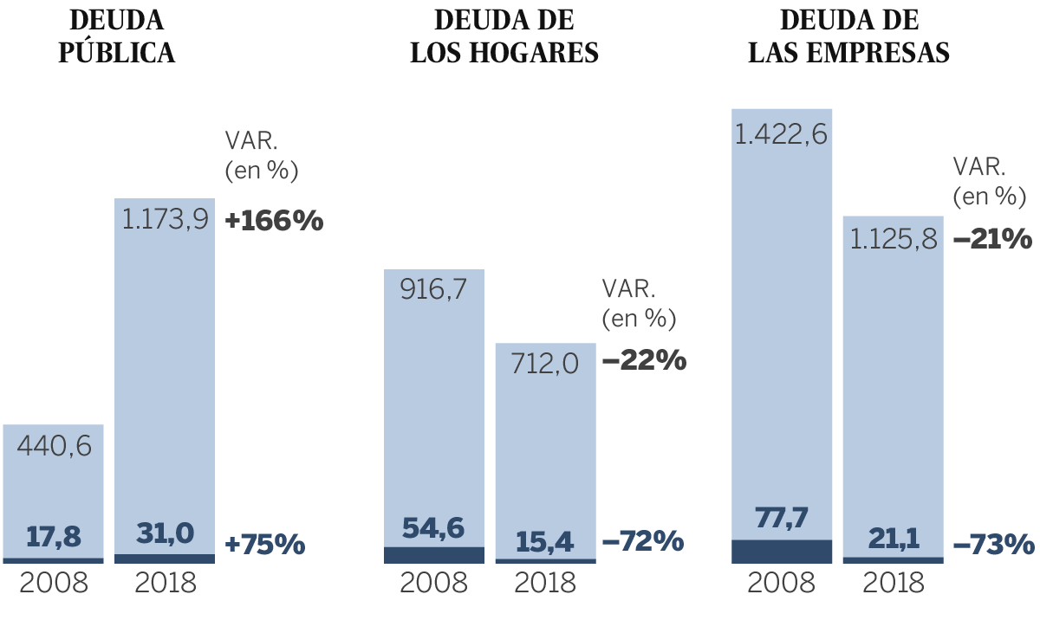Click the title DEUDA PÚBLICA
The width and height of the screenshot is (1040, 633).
[117, 36]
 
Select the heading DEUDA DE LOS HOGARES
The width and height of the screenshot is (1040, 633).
[504, 36]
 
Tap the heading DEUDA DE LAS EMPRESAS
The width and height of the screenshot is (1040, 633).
[849, 36]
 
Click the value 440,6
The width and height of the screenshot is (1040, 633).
[54, 447]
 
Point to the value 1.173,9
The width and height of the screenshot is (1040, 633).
[165, 220]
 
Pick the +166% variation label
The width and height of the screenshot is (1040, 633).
[274, 221]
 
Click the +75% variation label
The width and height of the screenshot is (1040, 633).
[265, 545]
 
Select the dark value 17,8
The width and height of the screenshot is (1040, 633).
[54, 537]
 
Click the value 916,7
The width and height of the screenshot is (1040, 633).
[433, 289]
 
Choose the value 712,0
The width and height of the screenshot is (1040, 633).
[545, 364]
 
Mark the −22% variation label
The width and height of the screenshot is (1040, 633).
[643, 360]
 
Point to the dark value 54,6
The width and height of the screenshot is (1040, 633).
[433, 527]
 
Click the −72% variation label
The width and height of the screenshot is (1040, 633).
[642, 542]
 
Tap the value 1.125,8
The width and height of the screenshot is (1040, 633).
[894, 239]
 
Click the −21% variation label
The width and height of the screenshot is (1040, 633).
[992, 238]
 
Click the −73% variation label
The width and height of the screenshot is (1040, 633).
[993, 545]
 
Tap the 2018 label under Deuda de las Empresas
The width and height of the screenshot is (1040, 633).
[894, 583]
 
